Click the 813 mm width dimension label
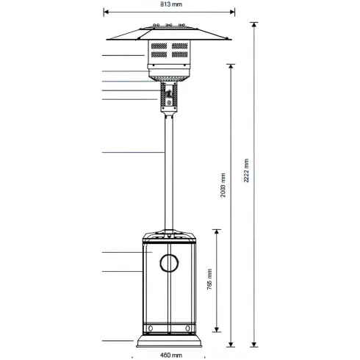click(171, 4)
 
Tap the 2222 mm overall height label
click(246, 170)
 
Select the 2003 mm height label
click(223, 185)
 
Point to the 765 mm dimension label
click(209, 279)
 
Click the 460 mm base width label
click(171, 355)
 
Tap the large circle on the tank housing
click(169, 263)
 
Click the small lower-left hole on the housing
click(151, 328)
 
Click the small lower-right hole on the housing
click(187, 328)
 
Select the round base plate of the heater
click(169, 342)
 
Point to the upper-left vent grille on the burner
click(159, 46)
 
